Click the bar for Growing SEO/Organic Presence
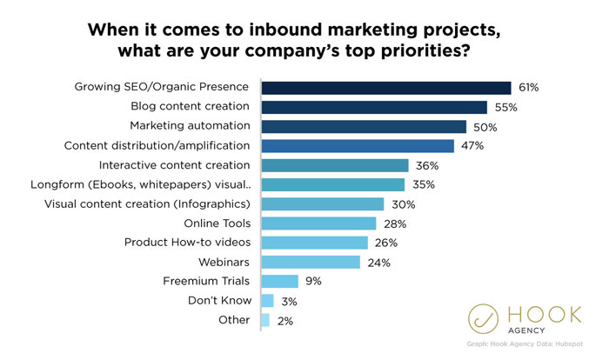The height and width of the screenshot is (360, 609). (385, 87)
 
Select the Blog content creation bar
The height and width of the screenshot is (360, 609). (374, 107)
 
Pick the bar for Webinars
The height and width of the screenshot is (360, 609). (311, 262)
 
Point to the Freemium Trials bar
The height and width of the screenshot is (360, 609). (280, 281)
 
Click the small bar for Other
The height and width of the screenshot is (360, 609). (265, 320)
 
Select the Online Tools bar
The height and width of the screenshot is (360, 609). (319, 223)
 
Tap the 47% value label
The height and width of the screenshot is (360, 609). (472, 145)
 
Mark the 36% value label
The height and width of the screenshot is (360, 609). (425, 164)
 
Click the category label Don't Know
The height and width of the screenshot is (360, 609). (220, 300)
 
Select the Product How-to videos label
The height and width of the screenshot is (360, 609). (188, 242)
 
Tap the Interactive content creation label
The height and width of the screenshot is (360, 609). (175, 164)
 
